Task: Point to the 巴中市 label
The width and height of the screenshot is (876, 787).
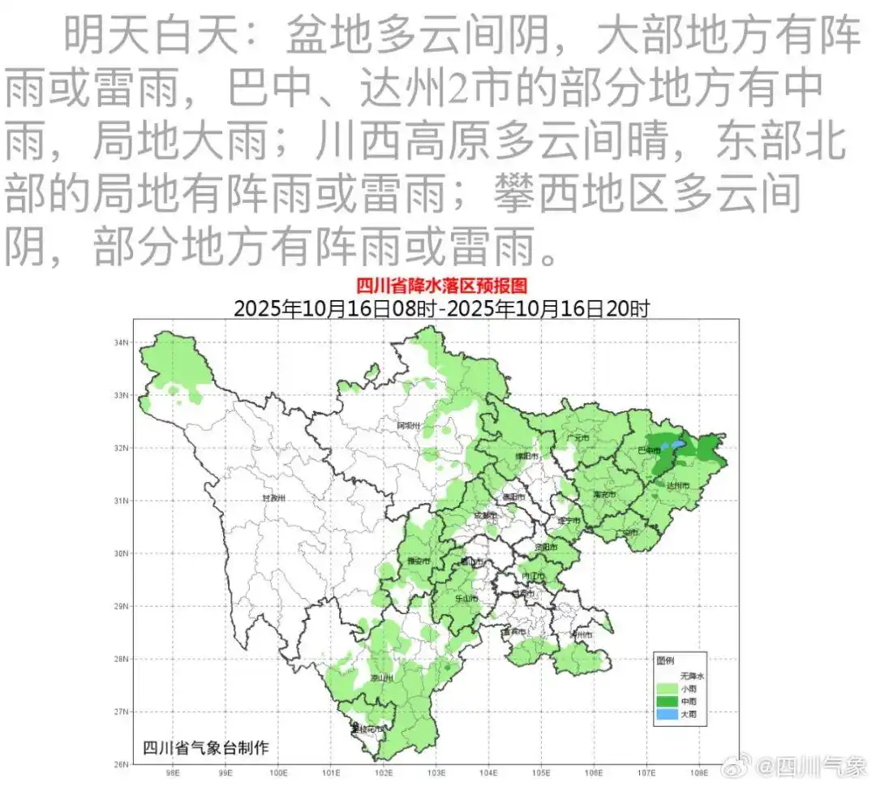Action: coord(648,449)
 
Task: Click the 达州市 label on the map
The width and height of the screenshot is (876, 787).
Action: coord(677,484)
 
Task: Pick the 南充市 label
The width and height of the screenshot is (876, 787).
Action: coord(604,493)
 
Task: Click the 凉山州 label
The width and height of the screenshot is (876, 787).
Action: coord(381,677)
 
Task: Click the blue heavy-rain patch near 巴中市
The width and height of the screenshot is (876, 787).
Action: coord(668,445)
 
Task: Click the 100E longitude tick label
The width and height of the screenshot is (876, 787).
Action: coord(279,772)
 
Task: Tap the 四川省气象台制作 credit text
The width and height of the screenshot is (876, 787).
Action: coord(205,747)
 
